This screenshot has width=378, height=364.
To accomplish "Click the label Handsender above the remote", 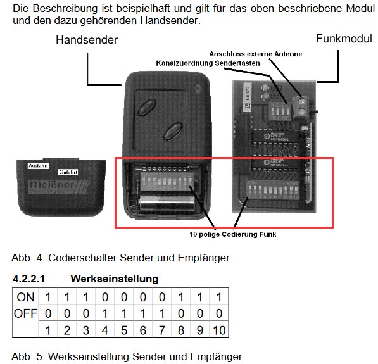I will point(86,41).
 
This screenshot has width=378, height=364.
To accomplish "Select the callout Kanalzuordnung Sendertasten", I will point(208,63).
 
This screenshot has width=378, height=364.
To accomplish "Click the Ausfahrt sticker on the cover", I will point(39,165).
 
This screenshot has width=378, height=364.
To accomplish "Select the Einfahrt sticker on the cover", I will point(68,172).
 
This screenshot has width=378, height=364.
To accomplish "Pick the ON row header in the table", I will point(26,298).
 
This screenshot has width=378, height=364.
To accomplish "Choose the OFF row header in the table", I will point(26,313).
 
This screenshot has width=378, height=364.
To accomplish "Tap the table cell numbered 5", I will point(124,330).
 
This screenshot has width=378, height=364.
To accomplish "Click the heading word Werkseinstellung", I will point(115,279).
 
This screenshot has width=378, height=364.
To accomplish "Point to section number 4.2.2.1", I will point(30,279).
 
